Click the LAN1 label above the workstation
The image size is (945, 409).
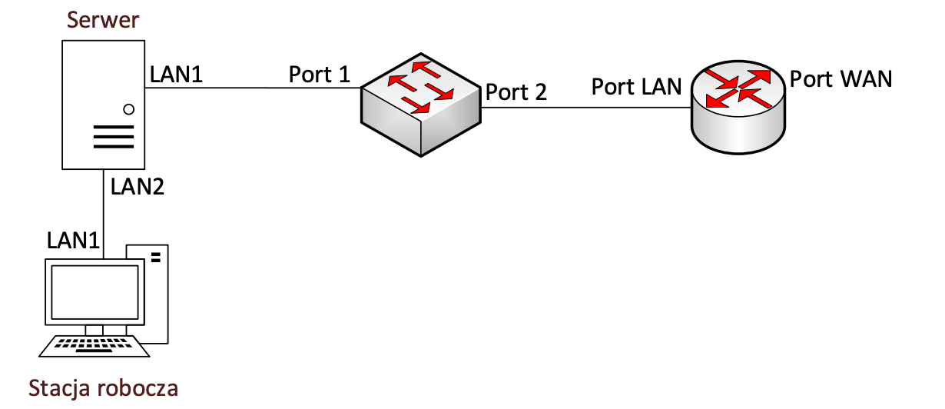tap(75, 240)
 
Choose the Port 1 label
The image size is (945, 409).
tap(319, 75)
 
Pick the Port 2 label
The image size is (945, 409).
tap(516, 92)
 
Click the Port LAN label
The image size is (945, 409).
tap(636, 86)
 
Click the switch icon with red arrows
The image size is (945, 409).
tap(420, 103)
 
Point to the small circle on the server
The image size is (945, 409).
tap(128, 109)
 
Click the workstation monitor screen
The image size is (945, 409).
tap(94, 292)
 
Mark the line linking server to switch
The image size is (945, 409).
tap(254, 88)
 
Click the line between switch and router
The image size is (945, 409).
tap(584, 107)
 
